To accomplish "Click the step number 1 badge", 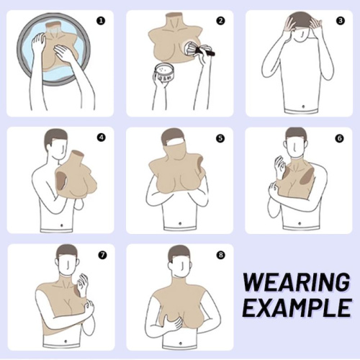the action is (x=101, y=21).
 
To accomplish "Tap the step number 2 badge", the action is (x=221, y=21).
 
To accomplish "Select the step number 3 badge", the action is (x=341, y=21).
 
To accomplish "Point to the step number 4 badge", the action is (x=102, y=138).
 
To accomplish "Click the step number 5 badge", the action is (x=220, y=138).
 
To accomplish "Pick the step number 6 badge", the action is (x=340, y=138).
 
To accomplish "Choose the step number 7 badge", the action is (x=102, y=255).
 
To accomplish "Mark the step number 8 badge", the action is (x=221, y=255).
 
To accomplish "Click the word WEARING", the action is (x=297, y=282).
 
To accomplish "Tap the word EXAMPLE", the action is (x=297, y=307).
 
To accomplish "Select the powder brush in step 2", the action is (x=199, y=49).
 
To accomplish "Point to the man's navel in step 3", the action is (x=303, y=107).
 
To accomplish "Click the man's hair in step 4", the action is (x=55, y=136).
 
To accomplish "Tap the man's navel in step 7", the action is (x=66, y=341).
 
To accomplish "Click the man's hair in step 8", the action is (x=179, y=253).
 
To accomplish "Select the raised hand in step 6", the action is (x=280, y=166).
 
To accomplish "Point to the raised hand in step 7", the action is (x=82, y=285).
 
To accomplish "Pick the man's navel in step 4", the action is (x=62, y=225).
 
